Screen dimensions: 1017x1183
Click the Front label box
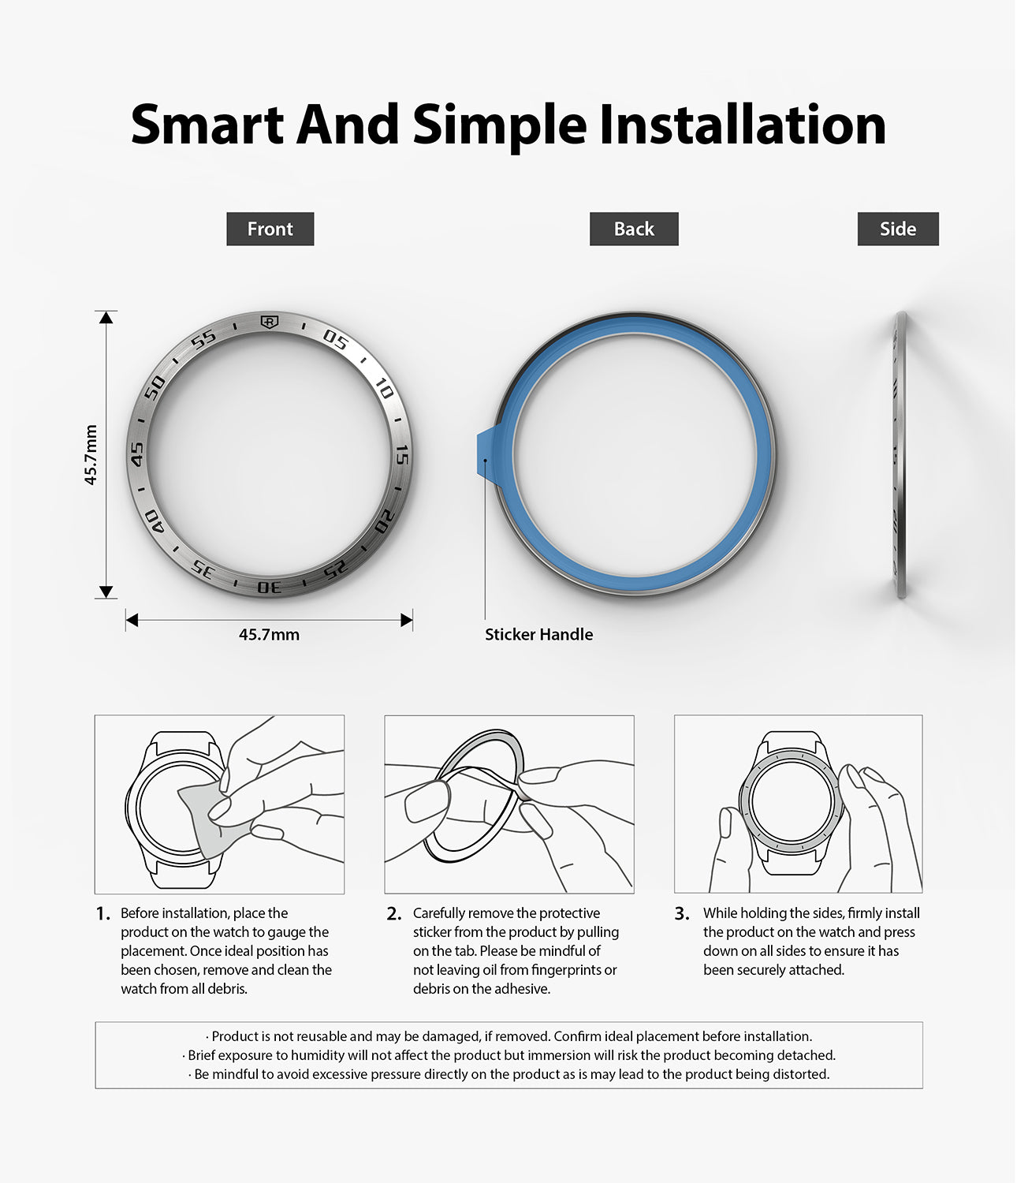270,229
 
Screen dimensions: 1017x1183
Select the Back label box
634,229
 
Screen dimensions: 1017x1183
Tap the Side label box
898,229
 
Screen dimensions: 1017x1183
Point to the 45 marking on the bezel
137,453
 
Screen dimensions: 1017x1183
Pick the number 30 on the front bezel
270,588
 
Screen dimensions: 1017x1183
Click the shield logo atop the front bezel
270,322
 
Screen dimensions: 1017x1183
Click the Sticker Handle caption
538,634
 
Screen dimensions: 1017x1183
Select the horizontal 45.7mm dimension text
269,634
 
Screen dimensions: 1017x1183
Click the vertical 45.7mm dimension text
91,454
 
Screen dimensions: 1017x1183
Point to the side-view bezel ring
900,454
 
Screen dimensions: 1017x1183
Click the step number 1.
103,914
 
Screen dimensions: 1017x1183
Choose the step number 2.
393,914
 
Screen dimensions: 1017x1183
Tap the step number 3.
682,914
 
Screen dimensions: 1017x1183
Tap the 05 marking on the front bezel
335,340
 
